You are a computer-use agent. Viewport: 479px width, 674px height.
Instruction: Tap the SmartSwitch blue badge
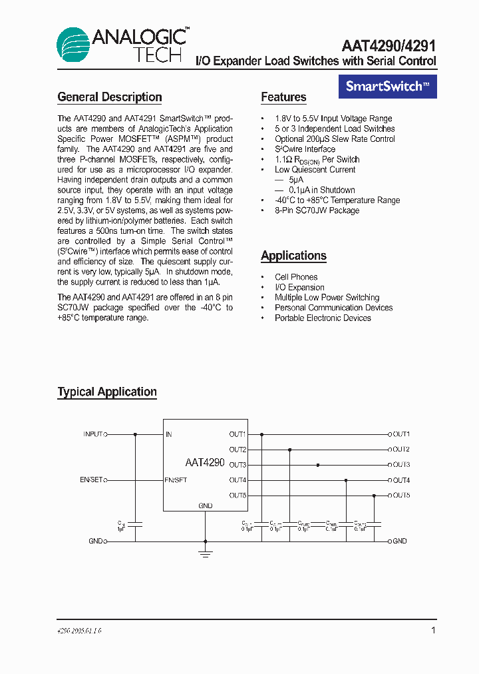[388, 86]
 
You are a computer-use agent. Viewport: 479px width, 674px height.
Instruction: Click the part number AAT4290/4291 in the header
[389, 46]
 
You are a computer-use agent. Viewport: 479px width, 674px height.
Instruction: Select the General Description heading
[110, 97]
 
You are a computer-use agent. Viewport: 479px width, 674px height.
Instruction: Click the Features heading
[283, 97]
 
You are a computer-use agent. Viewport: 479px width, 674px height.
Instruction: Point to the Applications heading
[293, 256]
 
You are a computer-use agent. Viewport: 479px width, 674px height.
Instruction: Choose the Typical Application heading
[107, 392]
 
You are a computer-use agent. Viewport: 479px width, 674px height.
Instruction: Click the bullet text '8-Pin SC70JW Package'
[317, 210]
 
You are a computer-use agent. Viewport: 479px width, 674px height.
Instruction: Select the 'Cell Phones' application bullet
[296, 277]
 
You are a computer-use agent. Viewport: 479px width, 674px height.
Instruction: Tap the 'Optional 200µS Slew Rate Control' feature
[335, 139]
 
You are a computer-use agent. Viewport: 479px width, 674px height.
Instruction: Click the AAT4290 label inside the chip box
[205, 462]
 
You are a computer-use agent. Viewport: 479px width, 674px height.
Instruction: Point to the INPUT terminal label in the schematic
[92, 434]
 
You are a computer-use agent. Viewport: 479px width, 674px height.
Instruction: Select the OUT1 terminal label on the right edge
[401, 434]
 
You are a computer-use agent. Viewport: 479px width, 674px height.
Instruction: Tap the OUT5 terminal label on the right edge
[401, 496]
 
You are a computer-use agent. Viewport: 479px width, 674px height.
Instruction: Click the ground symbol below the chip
[206, 552]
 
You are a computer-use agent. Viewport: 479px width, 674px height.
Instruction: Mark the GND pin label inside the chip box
[206, 506]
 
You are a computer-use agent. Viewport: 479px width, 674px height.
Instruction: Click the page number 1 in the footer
[433, 630]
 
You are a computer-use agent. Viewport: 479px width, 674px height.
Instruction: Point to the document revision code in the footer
[79, 631]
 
